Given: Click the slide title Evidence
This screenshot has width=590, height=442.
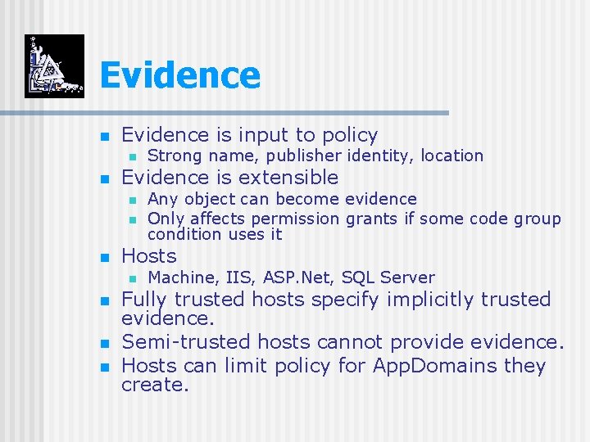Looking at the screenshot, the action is [x=179, y=75].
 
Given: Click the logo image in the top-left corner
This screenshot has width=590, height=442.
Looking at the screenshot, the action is [x=54, y=66].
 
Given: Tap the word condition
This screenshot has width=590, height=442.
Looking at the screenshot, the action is [x=177, y=234].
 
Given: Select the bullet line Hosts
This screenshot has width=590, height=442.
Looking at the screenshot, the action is [x=148, y=256].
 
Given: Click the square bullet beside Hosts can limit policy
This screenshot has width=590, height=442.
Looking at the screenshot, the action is [x=103, y=366].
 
